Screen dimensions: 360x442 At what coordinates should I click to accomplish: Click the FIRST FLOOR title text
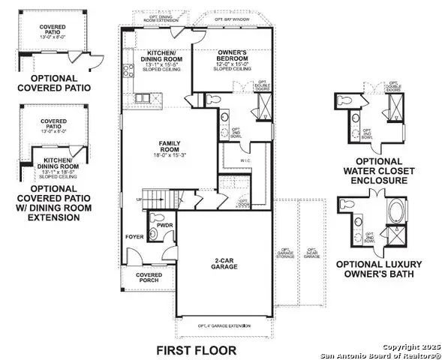click(x=196, y=350)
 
